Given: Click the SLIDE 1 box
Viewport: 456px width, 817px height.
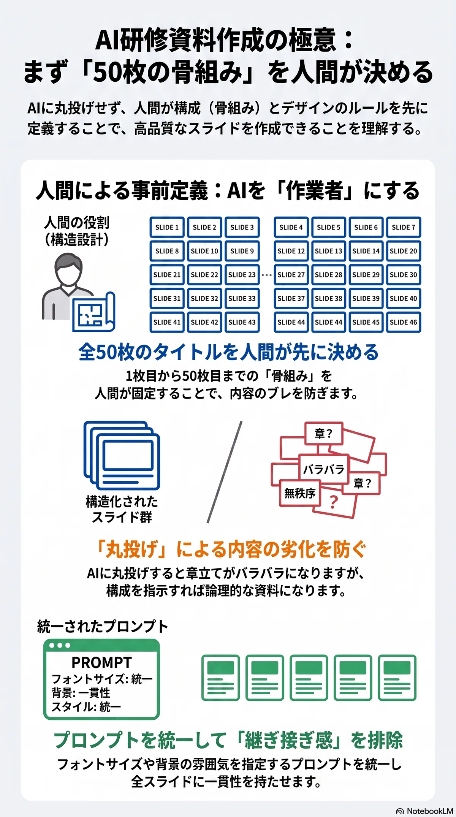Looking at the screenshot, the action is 167,227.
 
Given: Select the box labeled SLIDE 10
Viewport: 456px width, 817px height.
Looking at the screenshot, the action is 204,251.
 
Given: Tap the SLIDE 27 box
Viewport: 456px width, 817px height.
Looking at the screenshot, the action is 291,275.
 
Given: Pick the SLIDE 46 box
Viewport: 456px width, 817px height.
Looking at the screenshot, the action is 404,322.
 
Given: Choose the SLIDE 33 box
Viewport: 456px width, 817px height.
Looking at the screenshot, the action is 242,298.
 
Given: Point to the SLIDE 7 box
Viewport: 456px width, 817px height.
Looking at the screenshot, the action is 404,227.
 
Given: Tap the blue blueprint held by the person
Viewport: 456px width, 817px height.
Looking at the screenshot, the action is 93,312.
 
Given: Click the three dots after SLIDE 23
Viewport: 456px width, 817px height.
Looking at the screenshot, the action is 267,275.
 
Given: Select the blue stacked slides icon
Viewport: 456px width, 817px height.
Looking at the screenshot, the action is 122,455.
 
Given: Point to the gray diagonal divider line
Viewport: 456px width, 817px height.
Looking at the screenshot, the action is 225,472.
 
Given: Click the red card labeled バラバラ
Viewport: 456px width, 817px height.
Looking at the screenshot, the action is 324,469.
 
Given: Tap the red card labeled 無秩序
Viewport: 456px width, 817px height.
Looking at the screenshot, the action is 300,493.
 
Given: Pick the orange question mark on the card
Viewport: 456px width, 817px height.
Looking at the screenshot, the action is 334,502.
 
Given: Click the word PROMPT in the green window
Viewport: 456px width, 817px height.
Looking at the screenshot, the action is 101,662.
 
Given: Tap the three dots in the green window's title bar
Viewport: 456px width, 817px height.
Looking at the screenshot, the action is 60,645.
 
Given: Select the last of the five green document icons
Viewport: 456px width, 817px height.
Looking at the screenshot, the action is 397,678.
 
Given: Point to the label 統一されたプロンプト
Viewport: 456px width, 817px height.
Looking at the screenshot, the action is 103,626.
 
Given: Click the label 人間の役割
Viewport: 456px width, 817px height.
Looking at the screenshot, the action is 77,222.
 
